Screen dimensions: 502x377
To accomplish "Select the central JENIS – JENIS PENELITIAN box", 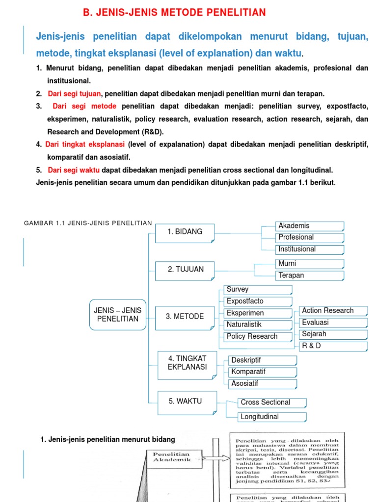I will point(118,314).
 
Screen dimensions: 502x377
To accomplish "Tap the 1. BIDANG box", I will point(185,232).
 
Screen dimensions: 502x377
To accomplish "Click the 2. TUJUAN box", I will point(185,270).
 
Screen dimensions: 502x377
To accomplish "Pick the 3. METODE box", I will point(185,317).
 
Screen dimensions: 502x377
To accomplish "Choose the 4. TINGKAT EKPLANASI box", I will point(186,363).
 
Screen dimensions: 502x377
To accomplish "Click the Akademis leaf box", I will point(309,226).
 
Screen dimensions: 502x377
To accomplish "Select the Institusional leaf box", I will point(309,249).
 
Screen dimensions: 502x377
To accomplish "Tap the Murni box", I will point(309,264).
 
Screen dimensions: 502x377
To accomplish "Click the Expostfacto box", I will point(258,301).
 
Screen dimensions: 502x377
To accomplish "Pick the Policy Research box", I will point(258,336).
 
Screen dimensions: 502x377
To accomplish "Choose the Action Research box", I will point(333,311).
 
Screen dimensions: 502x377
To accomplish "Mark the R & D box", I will point(333,346).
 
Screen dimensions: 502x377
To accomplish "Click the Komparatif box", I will point(262,372).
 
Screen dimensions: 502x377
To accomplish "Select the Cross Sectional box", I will point(271,402).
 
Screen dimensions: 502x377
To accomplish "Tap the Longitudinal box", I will point(271,417).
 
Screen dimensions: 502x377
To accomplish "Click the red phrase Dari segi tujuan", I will point(74,94).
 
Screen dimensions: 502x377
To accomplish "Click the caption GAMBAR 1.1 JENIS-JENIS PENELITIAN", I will point(88,223).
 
